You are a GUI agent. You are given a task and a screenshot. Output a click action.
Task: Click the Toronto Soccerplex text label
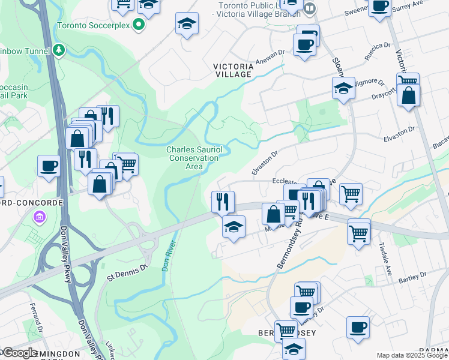click(94, 26)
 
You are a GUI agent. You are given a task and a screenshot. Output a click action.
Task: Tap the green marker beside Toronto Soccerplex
click(139, 25)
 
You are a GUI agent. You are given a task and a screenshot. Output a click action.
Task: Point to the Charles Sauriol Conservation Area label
click(193, 158)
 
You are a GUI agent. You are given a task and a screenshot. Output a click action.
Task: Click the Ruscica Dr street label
click(378, 52)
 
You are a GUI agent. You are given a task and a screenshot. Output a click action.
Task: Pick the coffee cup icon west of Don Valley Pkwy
click(49, 166)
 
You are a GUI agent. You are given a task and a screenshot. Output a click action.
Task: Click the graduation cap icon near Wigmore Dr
click(343, 88)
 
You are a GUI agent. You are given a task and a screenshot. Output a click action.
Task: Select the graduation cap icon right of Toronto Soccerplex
click(187, 23)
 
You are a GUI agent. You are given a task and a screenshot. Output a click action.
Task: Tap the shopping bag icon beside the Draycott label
click(408, 95)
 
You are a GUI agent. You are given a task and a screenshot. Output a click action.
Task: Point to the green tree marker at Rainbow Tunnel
click(59, 50)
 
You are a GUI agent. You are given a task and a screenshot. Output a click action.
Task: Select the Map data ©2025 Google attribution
click(412, 355)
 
